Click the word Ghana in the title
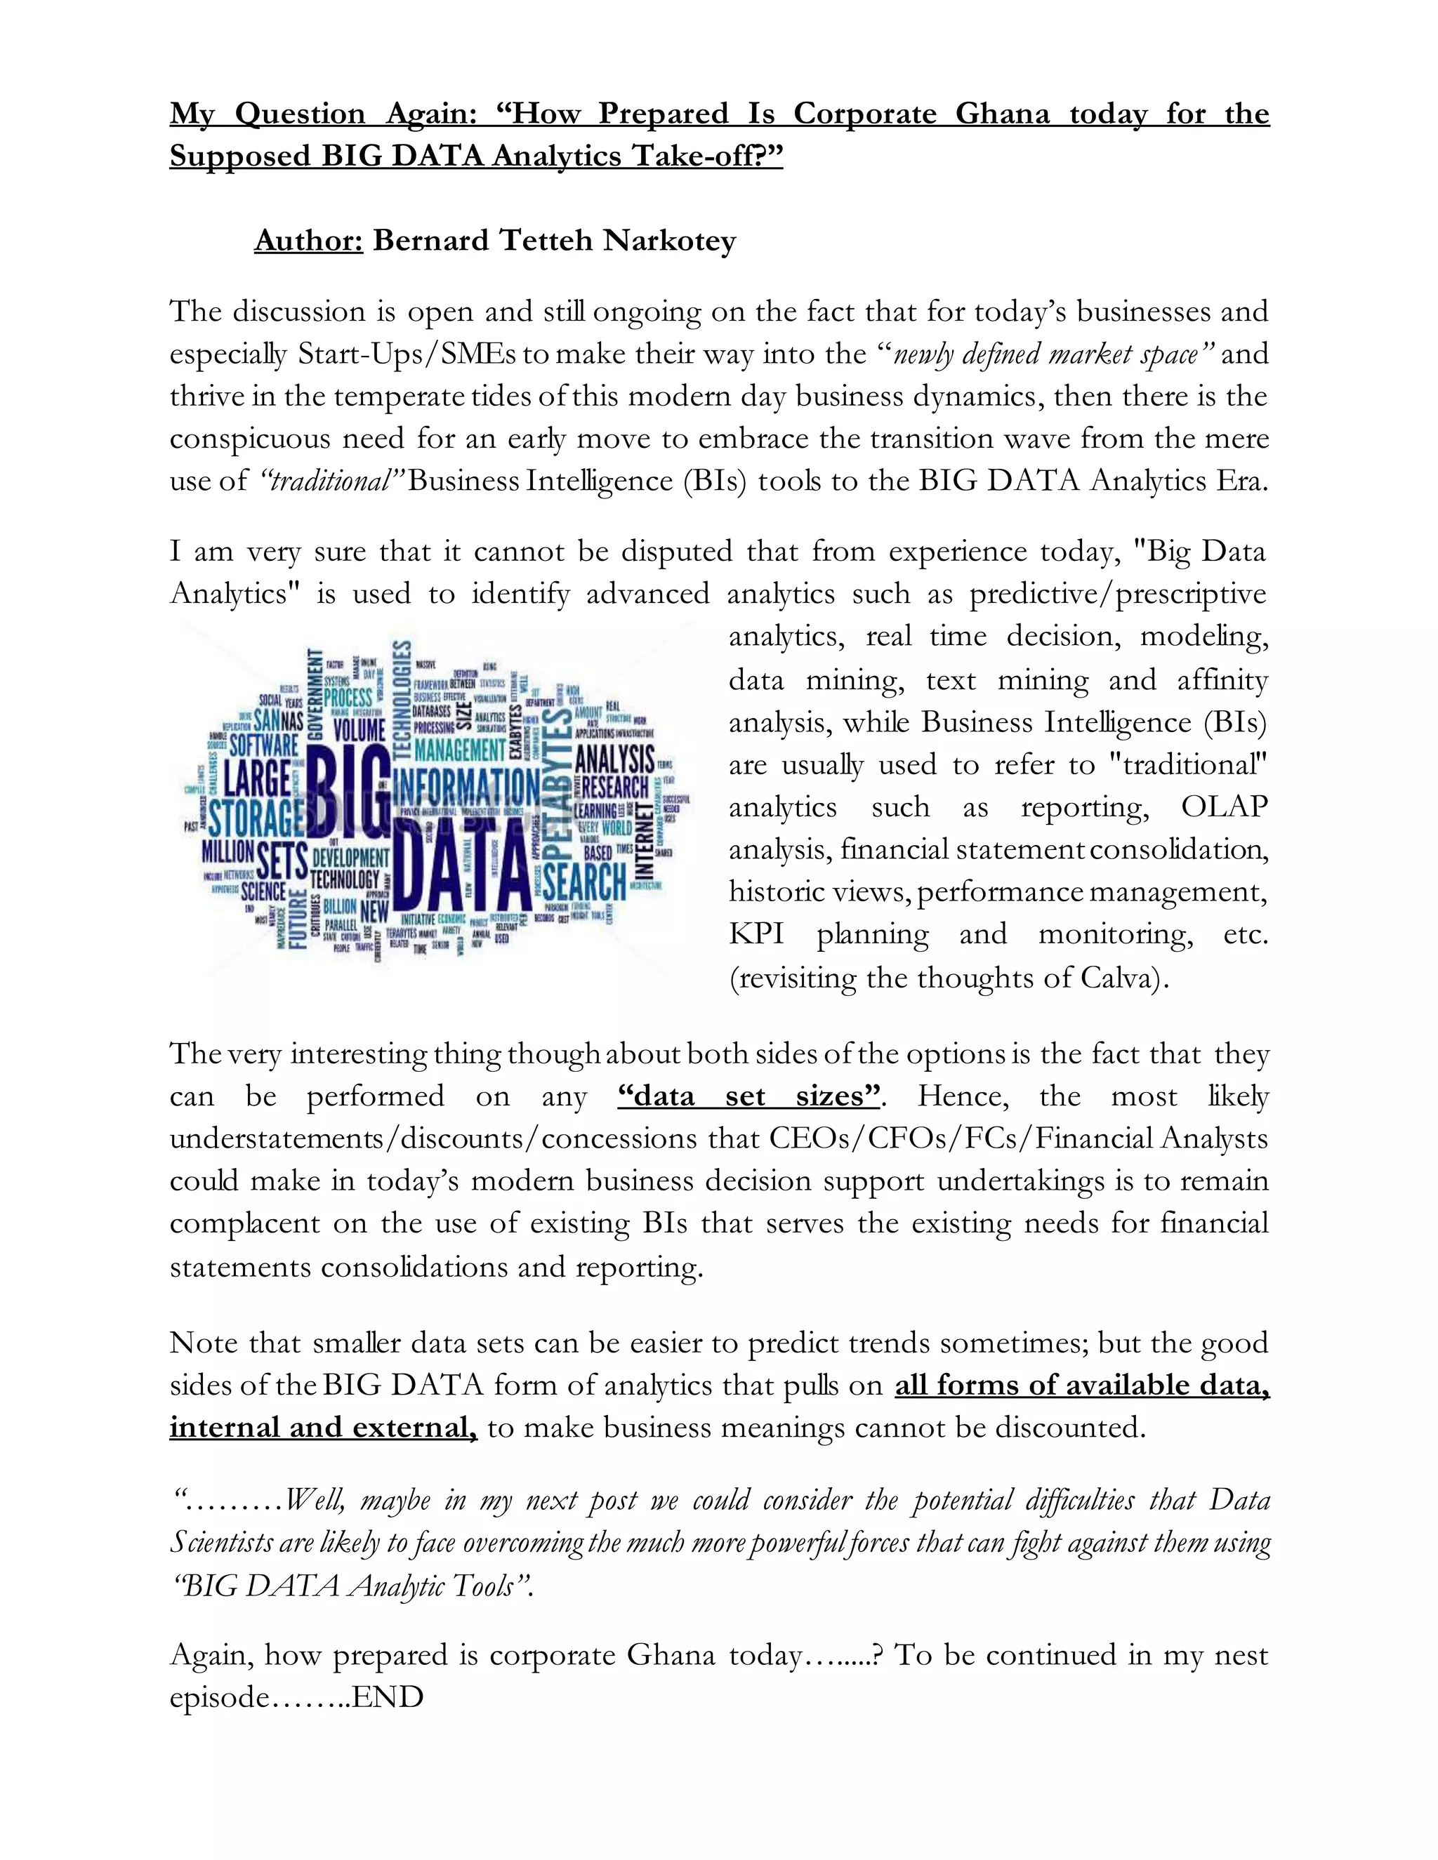click(x=1002, y=114)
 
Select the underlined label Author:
click(x=308, y=241)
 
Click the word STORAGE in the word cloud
click(x=256, y=817)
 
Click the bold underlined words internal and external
click(x=322, y=1428)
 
